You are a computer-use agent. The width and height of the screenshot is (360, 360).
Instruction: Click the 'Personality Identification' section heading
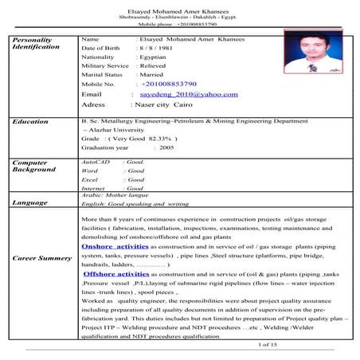pyautogui.click(x=32, y=43)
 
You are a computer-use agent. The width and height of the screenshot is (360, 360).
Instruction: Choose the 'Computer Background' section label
pyautogui.click(x=34, y=166)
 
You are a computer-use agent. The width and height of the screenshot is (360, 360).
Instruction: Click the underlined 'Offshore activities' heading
pyautogui.click(x=117, y=273)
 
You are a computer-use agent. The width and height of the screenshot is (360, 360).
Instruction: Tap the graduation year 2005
pyautogui.click(x=166, y=147)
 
